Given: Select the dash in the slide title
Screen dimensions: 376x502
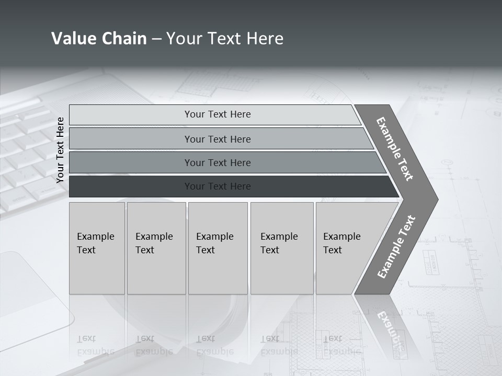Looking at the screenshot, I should tap(156, 39).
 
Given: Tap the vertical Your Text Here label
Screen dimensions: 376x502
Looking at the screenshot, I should tap(60, 150).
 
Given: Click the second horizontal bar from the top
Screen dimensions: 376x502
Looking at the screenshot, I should tap(217, 139).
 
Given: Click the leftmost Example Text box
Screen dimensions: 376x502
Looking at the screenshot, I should tap(97, 248).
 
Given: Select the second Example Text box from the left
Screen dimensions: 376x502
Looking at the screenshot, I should tap(156, 248).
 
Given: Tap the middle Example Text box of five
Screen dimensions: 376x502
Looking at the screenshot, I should tap(218, 248).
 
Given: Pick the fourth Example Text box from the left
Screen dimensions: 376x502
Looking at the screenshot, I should tap(282, 248).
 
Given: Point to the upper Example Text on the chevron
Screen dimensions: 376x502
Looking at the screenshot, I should tap(395, 149).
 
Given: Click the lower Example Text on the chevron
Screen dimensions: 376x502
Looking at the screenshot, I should tap(396, 247).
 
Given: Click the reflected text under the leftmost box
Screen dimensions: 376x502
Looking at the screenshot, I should tap(95, 345).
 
